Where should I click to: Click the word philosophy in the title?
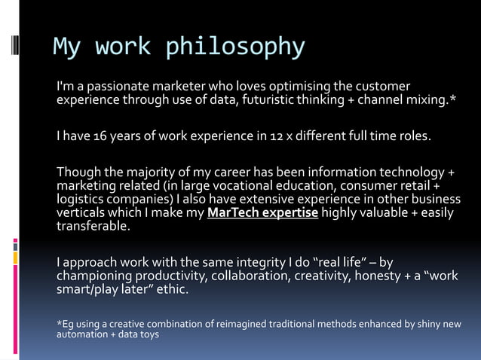(x=235, y=47)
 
